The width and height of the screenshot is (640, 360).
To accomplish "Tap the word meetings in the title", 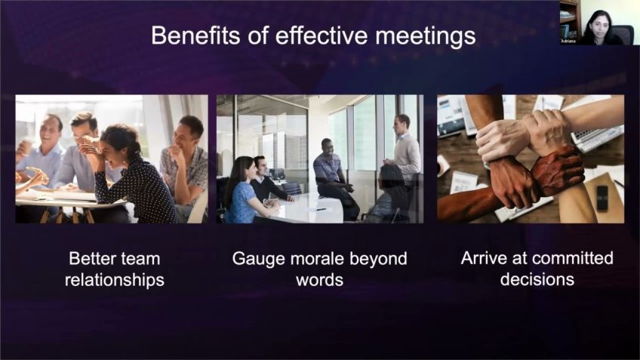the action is (x=426, y=36).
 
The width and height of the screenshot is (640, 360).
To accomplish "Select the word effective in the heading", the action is (x=322, y=35).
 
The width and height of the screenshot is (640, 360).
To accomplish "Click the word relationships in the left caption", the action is (x=114, y=281).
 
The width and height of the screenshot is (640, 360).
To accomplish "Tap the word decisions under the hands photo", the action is (x=537, y=279).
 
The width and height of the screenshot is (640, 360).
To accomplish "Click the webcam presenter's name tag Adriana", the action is (x=568, y=42).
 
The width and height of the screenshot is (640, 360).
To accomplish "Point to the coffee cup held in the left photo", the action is (x=26, y=147).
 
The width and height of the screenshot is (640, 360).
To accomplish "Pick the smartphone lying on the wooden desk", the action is (x=602, y=198).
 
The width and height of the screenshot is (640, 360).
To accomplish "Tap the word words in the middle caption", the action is (x=319, y=281).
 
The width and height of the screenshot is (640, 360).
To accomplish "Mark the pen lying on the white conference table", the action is (x=321, y=210).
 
